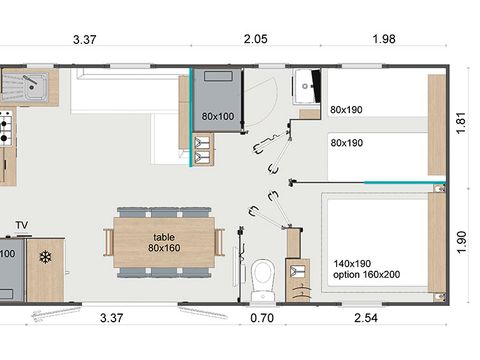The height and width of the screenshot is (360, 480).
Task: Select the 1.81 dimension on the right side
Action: click(463, 123)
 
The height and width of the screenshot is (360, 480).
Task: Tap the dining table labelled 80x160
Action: click(162, 242)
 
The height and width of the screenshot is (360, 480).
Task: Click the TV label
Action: click(22, 225)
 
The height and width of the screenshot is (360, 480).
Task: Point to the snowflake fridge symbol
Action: click(45, 257)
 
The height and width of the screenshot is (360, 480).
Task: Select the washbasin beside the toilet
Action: click(297, 269)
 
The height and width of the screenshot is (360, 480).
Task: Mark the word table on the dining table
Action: click(162, 236)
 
